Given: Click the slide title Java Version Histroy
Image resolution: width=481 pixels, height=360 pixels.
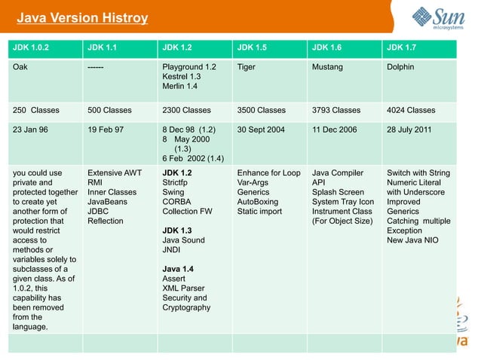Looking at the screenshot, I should coord(82,18).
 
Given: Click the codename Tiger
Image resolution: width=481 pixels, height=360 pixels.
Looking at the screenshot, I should coord(246,67).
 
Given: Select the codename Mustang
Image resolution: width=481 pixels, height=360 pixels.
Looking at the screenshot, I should coord(327,67).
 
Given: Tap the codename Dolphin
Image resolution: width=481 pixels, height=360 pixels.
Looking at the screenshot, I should coord(400,67).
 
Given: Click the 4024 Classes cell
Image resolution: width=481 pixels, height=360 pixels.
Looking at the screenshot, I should coord(411,110).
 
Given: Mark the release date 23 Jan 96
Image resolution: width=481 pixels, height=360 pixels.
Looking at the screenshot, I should coord(30,130).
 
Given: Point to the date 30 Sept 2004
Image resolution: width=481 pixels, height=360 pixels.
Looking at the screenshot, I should coord(261,130).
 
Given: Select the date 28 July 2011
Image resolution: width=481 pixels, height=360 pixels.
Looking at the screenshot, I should coord(409,130).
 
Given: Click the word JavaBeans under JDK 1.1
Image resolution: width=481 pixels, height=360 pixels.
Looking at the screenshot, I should coord(108,202).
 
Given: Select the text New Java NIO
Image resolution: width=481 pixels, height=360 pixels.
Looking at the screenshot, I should coord(412,240).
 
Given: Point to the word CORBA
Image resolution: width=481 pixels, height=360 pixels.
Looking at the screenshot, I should coord(176,202).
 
